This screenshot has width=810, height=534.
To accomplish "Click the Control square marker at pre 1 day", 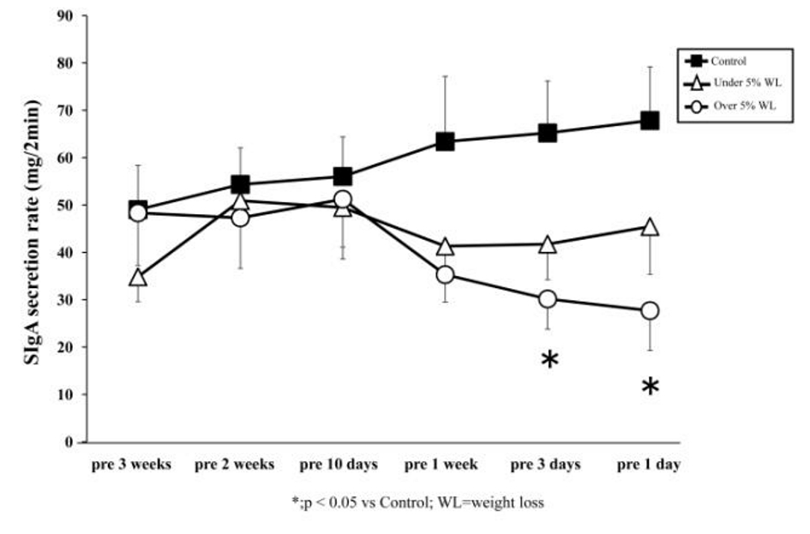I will tap(650, 121).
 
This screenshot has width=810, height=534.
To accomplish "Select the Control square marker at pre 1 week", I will tap(445, 142).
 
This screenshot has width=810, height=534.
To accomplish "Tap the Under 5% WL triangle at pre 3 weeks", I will tap(137, 278).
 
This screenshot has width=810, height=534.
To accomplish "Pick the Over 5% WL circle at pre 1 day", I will tap(650, 310).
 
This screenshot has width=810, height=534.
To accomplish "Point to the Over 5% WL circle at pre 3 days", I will tap(548, 299).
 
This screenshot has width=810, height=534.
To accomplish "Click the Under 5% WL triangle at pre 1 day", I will tap(650, 228).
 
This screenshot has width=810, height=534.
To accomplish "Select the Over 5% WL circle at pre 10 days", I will tap(343, 201).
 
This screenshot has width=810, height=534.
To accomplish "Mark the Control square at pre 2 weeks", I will tap(240, 184).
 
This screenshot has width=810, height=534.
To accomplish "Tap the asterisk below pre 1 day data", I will tap(651, 387).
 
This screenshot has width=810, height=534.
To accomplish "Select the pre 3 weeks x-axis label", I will tap(132, 465).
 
